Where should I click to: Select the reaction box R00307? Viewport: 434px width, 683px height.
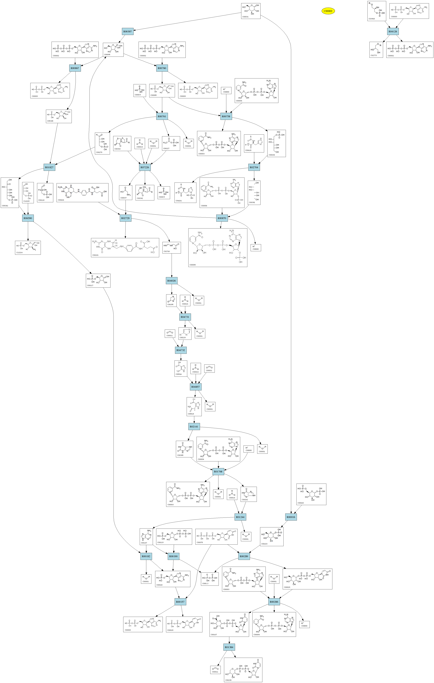(x=128, y=31)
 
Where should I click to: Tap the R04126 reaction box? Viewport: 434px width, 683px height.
(x=393, y=31)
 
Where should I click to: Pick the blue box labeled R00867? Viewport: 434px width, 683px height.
(x=75, y=68)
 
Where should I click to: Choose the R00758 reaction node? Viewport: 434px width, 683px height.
(x=226, y=116)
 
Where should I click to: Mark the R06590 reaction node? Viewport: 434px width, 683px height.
(x=28, y=218)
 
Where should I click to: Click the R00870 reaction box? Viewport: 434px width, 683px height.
(x=222, y=218)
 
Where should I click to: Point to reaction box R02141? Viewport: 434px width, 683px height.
(x=194, y=427)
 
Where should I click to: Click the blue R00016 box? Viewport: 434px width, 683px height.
(x=291, y=517)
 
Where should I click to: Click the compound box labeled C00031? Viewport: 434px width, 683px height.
(x=251, y=11)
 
